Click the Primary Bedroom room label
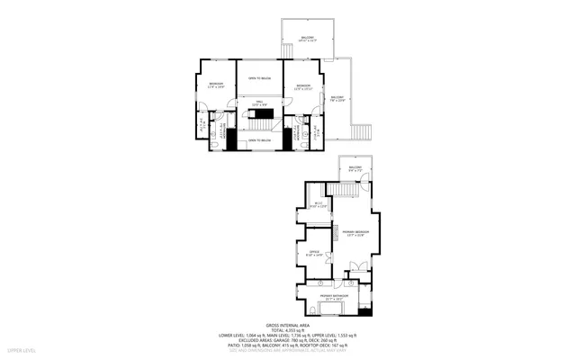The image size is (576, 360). coord(355,233)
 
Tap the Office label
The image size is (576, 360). coord(313,254)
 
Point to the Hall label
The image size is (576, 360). coord(257,103)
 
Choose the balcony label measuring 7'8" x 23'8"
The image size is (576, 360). coord(337,99)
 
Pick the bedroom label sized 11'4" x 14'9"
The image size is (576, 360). coord(215,85)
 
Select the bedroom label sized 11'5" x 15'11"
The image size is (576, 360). coord(302,87)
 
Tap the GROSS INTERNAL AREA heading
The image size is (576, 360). coord(287,325)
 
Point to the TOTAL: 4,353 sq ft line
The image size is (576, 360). coord(287,330)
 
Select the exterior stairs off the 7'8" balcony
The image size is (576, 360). coord(361,131)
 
